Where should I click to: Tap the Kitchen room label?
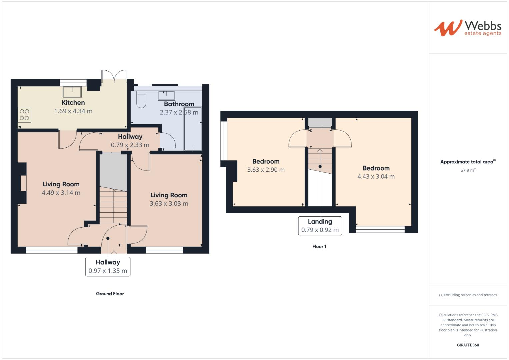click(x=73, y=103)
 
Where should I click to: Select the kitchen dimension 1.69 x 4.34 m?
click(x=73, y=111)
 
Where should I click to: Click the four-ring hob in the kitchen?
click(x=24, y=114)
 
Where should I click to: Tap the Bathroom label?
click(x=179, y=104)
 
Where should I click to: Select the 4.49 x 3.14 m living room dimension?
click(x=61, y=193)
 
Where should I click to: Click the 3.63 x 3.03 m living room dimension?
click(x=169, y=204)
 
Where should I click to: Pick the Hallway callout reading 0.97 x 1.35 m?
click(x=108, y=267)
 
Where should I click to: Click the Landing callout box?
click(x=320, y=226)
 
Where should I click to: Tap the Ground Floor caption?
click(x=110, y=294)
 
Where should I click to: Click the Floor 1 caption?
click(x=319, y=247)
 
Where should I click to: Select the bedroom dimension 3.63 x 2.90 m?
click(x=266, y=170)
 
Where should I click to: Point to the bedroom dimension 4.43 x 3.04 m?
click(x=376, y=177)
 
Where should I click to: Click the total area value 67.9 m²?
click(x=468, y=170)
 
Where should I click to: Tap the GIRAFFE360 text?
click(x=468, y=345)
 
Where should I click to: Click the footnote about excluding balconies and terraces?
click(x=468, y=295)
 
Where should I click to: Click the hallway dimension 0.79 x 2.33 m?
click(x=130, y=145)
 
